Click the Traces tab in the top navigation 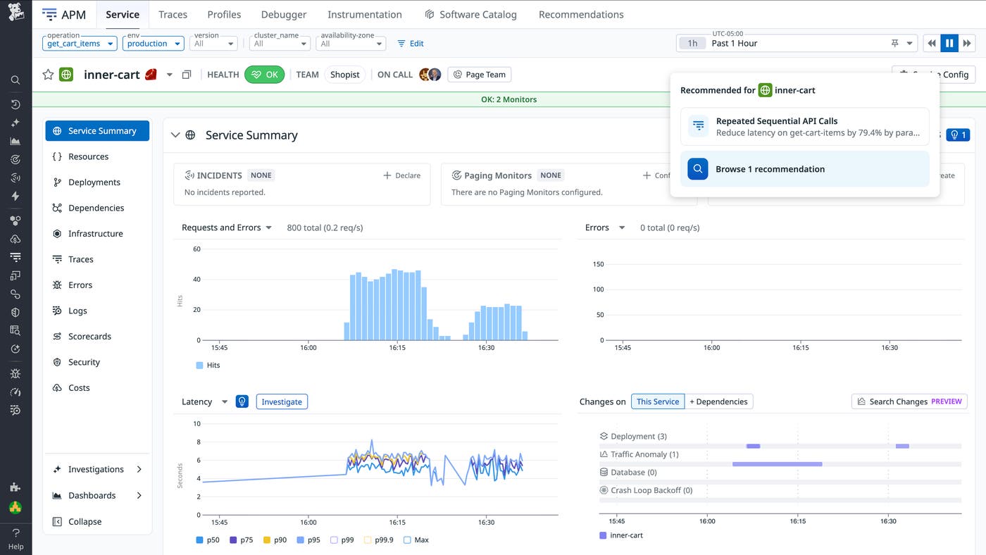click(173, 14)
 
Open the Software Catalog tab click(471, 14)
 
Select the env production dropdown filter click(153, 44)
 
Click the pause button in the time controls click(949, 44)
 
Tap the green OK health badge click(264, 75)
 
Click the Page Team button click(480, 75)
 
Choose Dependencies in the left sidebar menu click(96, 208)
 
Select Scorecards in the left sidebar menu click(89, 337)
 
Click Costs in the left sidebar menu click(79, 388)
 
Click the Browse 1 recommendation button click(804, 169)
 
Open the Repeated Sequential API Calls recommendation click(804, 126)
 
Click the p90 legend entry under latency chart click(275, 540)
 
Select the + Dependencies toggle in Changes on click(718, 401)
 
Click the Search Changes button click(909, 401)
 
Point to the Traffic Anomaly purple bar click(777, 464)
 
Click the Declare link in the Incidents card click(401, 175)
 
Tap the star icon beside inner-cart click(48, 75)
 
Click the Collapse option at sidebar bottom click(85, 522)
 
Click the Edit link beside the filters click(411, 44)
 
